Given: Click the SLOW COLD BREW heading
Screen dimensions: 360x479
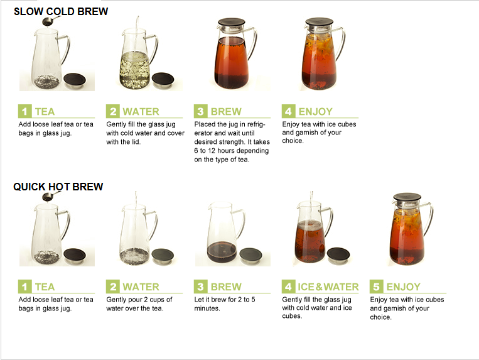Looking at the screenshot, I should pos(61,11).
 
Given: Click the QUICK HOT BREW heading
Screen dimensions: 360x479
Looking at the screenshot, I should pos(58,187).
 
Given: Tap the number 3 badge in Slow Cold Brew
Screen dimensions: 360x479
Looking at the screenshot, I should pos(201,111).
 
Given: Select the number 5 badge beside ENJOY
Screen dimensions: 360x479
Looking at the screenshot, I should pos(376,286).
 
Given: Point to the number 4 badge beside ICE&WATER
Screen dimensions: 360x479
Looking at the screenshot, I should pos(288,286).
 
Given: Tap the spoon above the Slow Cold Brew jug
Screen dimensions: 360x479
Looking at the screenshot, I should pos(47,21).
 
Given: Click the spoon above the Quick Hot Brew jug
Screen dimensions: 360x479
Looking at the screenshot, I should pos(47,197).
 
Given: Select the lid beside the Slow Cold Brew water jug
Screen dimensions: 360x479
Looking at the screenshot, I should pos(163,80).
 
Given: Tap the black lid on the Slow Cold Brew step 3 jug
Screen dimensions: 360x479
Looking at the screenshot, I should pos(232,23).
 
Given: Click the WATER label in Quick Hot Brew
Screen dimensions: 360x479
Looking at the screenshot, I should pos(141,287).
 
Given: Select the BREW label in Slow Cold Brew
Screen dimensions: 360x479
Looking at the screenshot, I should pos(226,112).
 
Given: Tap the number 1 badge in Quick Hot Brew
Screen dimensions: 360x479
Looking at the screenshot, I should pos(24,286).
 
